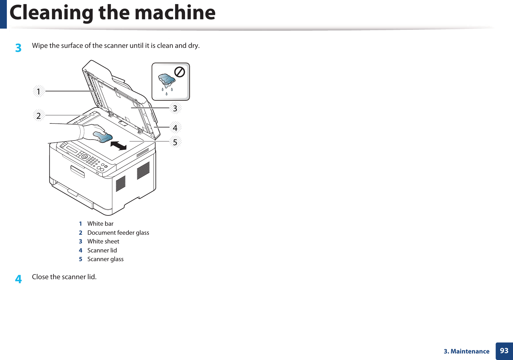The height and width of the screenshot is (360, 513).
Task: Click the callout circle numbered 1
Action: point(39,91)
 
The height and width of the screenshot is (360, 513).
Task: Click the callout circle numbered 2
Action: point(39,116)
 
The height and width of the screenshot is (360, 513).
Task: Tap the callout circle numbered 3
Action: point(175,108)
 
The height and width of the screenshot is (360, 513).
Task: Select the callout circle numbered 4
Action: point(175,127)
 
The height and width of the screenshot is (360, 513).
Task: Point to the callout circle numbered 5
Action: point(175,142)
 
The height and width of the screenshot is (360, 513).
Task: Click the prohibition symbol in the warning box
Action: point(180,72)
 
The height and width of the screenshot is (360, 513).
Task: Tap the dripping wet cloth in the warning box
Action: point(167,80)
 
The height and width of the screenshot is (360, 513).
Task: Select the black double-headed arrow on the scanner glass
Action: point(118,145)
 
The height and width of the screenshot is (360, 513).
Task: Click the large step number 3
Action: point(18,48)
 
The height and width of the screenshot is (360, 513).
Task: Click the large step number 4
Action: point(18,279)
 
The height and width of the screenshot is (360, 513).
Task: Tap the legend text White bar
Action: point(100,224)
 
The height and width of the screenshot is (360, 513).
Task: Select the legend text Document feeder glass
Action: point(118,233)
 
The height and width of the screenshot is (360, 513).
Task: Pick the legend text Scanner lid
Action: point(102,250)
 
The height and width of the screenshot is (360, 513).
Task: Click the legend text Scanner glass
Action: point(105,259)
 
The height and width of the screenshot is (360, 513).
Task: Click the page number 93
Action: point(504,351)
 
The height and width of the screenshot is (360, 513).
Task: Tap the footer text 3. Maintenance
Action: point(466,351)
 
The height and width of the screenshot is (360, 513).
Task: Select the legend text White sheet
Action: point(103,241)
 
